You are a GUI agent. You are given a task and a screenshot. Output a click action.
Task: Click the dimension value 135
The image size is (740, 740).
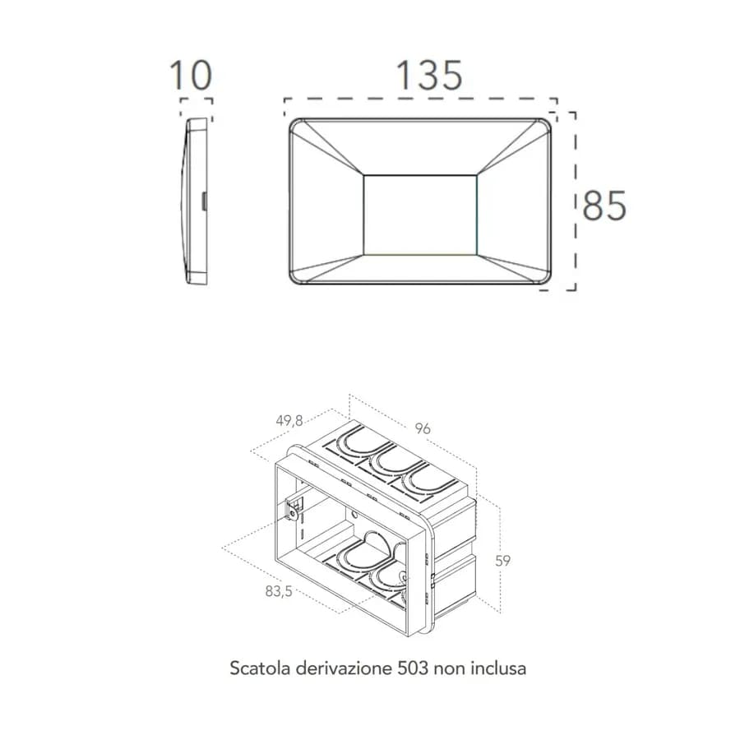tap(429, 76)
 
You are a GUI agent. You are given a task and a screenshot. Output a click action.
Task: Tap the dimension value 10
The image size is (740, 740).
tap(191, 76)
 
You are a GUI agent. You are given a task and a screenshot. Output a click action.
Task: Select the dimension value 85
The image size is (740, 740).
tap(604, 206)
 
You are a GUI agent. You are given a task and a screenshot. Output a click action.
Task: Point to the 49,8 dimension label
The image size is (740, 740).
tap(289, 420)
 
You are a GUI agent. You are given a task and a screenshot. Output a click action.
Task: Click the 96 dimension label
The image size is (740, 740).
tap(423, 428)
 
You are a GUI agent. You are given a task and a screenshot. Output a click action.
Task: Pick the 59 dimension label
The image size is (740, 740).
tap(503, 561)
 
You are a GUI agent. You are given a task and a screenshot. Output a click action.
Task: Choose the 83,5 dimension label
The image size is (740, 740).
tap(279, 591)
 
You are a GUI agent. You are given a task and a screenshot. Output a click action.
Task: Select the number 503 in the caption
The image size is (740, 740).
tap(413, 668)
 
